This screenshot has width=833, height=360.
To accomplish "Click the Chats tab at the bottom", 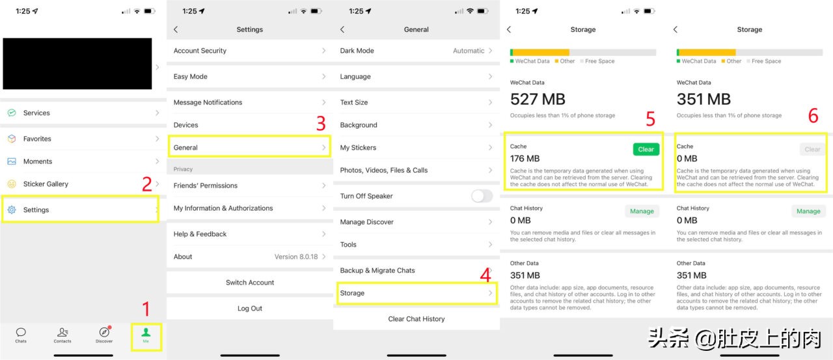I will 21,335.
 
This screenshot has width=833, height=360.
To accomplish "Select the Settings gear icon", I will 12,210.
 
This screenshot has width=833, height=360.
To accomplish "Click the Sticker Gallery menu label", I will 46,184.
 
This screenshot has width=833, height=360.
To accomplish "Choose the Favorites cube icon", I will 12,139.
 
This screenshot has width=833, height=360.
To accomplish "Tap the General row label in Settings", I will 185,148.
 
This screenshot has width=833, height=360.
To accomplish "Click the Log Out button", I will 250,309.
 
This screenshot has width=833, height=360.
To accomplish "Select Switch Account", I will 250,283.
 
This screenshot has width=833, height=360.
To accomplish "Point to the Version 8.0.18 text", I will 296,256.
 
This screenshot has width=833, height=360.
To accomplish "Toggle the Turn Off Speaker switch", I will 482,196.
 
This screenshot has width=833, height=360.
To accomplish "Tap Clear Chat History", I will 416,319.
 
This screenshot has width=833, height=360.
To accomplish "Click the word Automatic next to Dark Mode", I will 469,51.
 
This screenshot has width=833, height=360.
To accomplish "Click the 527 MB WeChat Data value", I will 538,99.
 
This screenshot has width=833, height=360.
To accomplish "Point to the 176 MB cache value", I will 525,158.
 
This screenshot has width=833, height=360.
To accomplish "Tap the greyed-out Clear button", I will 812,149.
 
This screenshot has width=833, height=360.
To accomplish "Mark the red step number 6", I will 813,116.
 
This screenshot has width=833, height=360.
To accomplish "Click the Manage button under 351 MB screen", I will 808,211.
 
